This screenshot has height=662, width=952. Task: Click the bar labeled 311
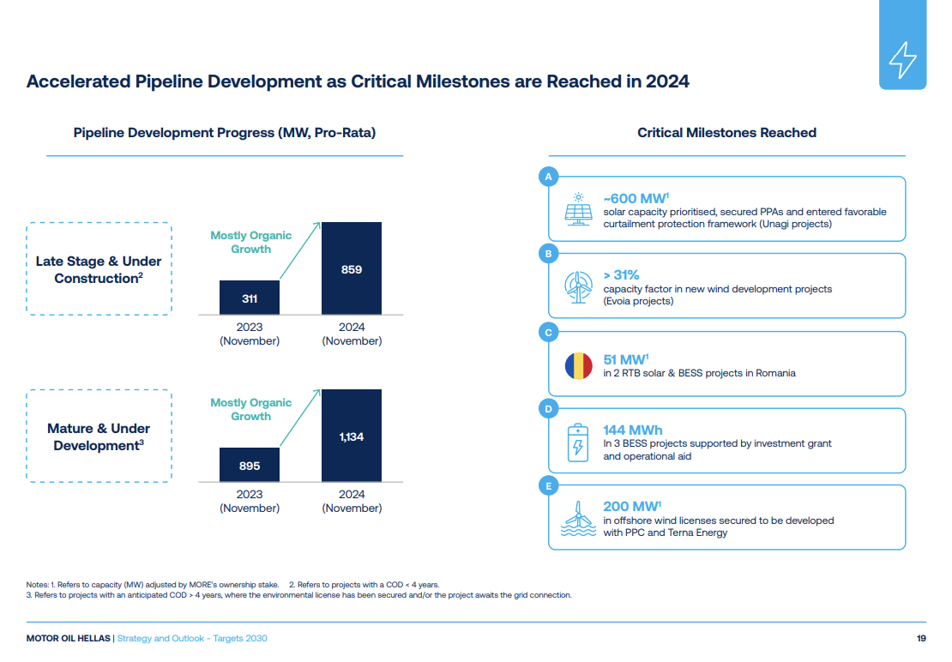tap(250, 298)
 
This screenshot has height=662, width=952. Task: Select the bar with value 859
tap(352, 268)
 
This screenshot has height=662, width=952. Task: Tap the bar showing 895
tap(250, 465)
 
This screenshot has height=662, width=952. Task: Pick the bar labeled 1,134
tap(352, 436)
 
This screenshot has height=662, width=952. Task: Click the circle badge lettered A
tap(548, 177)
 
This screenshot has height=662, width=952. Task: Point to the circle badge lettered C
tap(548, 332)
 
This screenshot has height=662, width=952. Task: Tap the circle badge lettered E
tap(548, 486)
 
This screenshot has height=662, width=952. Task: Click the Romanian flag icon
tap(579, 366)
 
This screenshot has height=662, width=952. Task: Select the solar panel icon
tap(579, 209)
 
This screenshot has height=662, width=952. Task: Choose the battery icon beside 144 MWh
tap(578, 442)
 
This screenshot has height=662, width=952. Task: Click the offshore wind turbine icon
tap(579, 519)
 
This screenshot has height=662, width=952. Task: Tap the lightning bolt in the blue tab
tap(903, 60)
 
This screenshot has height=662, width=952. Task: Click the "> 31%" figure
tap(621, 275)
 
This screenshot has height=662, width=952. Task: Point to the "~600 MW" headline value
tap(636, 198)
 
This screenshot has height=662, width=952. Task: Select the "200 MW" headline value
tap(632, 506)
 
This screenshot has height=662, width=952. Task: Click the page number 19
tap(921, 638)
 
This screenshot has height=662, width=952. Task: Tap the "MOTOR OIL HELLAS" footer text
tap(68, 638)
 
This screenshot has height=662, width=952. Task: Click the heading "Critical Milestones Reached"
tap(726, 132)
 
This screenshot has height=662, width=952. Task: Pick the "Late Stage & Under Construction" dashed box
tap(99, 268)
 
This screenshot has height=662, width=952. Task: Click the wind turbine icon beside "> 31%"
tap(578, 287)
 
